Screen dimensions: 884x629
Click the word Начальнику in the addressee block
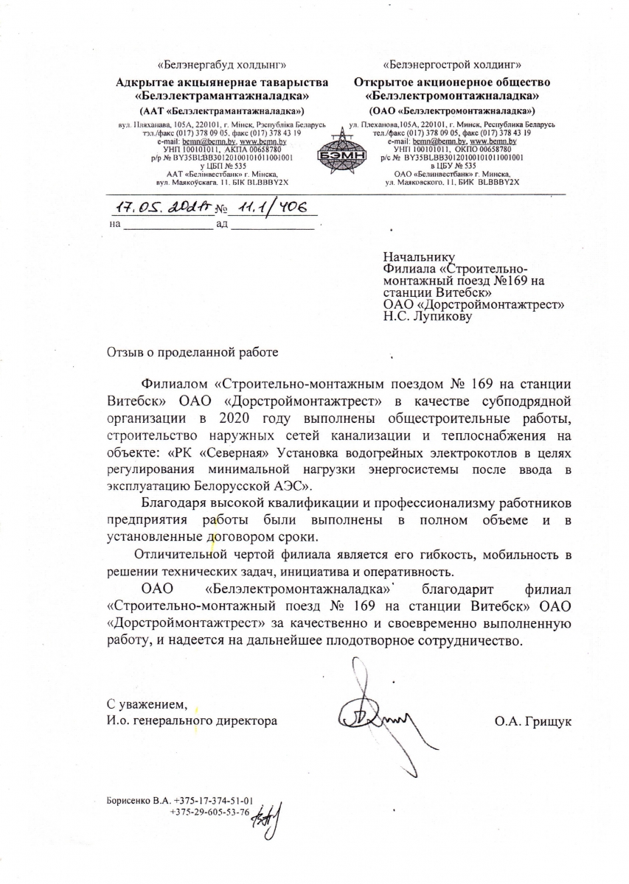(415, 257)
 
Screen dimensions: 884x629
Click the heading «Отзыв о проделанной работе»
(193, 351)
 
